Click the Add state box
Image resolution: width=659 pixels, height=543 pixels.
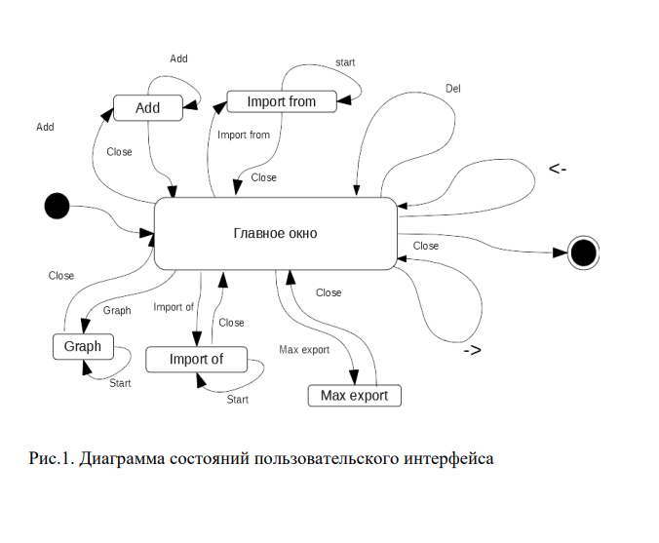point(148,107)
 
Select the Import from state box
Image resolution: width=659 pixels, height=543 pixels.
point(282,101)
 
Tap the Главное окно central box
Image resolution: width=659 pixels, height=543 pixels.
point(276,234)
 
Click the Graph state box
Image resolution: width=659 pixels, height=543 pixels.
point(83,346)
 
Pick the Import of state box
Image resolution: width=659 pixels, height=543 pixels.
point(196,360)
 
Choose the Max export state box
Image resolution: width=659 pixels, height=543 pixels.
point(354,395)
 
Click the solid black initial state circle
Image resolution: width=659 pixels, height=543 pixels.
point(58,206)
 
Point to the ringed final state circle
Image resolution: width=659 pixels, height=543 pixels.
point(583,252)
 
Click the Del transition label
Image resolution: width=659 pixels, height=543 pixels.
point(453,89)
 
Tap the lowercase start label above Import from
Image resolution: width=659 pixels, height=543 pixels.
point(345,62)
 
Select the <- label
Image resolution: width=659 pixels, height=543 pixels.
point(558,170)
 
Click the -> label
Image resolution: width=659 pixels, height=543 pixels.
point(472,350)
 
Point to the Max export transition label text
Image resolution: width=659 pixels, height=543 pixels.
point(304,349)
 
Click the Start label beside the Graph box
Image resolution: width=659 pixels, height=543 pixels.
point(120,383)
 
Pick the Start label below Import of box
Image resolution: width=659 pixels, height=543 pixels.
point(237,399)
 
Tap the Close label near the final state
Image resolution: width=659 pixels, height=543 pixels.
point(426,246)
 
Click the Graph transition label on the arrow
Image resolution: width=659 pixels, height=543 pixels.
point(117,311)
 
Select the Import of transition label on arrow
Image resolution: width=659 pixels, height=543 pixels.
point(174,307)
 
